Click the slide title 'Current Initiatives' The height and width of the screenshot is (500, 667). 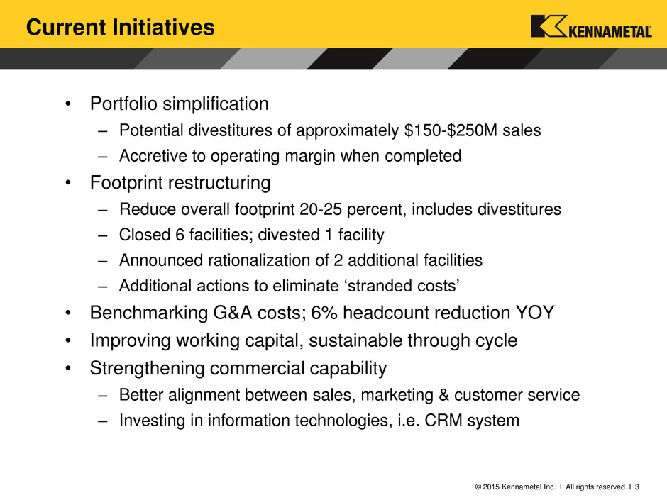coord(121,27)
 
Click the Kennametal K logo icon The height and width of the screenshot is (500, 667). coord(549,26)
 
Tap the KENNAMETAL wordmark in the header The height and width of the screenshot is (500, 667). coord(610,32)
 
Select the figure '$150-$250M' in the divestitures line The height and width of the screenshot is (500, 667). coord(451,130)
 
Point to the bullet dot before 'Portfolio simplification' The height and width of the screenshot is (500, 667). coord(68,104)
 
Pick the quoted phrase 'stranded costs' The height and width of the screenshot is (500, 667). coord(403,286)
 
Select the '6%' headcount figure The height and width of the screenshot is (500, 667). coord(324,313)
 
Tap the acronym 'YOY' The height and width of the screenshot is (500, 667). coord(535,313)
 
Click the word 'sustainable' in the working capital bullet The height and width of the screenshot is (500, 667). coord(355,340)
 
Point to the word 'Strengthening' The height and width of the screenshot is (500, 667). coord(147,369)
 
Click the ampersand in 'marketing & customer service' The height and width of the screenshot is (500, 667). coord(443,395)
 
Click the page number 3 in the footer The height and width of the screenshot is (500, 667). coord(636,487)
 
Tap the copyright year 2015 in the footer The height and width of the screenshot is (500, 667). coord(491,487)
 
